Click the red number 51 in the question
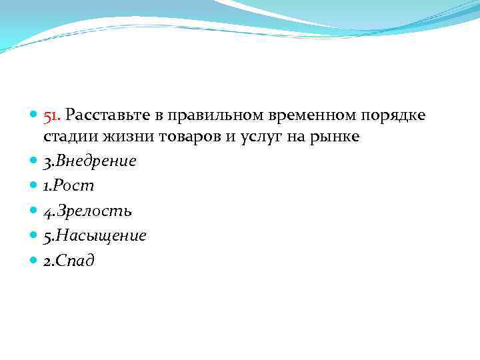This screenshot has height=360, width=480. coord(51,117)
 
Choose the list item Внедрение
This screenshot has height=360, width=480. coord(95,161)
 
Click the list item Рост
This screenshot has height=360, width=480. coord(73,186)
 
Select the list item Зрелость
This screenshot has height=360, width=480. coord(93,211)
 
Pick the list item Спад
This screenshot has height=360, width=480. coord(75,261)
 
